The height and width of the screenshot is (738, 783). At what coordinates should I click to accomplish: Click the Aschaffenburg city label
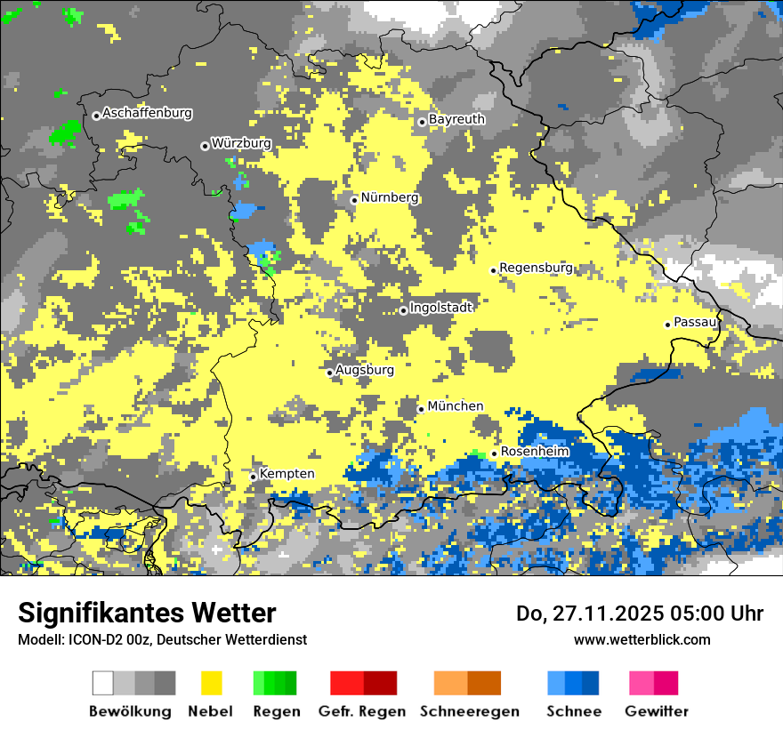(x=147, y=114)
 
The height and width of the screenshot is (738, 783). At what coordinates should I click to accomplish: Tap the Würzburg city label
(x=241, y=143)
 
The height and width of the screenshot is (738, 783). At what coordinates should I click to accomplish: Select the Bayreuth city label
(x=456, y=119)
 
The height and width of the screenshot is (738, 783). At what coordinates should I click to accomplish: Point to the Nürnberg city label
(x=390, y=198)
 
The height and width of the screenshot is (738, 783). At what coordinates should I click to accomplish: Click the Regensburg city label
(x=536, y=268)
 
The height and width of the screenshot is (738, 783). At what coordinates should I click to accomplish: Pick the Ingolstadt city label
(x=441, y=308)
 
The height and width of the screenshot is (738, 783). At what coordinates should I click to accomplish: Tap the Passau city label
(x=695, y=322)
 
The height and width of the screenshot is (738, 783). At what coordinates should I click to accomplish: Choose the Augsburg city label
(x=365, y=370)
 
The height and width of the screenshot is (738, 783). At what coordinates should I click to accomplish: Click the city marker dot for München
(x=421, y=409)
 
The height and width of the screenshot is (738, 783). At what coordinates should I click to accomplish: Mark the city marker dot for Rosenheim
(x=494, y=453)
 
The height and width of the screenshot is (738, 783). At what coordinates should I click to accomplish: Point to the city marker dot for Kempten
(x=253, y=477)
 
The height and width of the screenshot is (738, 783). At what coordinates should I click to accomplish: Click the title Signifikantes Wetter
(x=147, y=613)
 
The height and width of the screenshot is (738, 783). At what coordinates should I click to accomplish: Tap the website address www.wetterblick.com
(x=642, y=639)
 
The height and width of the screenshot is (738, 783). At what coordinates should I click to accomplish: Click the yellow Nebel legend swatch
(x=211, y=683)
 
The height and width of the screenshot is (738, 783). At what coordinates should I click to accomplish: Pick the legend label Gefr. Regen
(x=362, y=711)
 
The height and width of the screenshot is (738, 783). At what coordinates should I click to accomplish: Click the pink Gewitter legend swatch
(x=642, y=683)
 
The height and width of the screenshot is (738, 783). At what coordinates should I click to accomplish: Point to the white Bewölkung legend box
(x=103, y=683)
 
